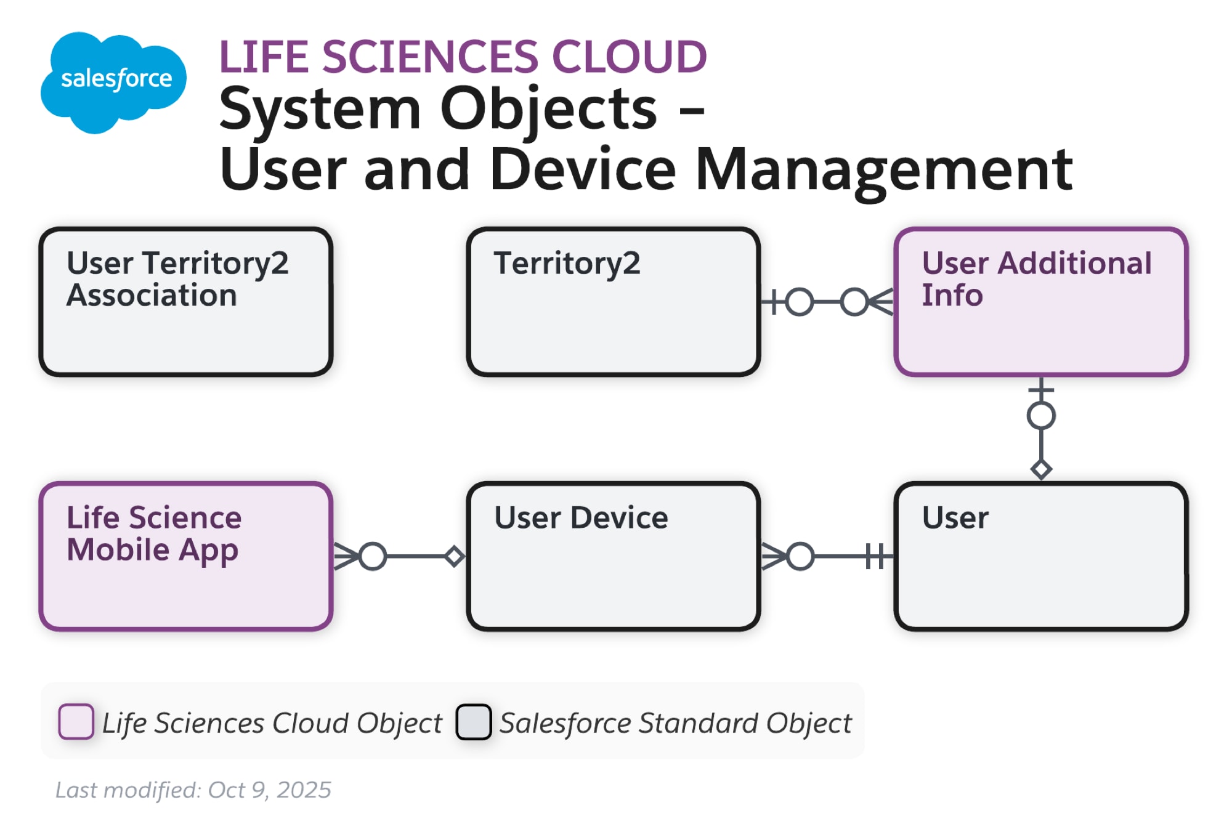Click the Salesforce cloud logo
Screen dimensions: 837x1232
114,81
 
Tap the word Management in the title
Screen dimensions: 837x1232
883,170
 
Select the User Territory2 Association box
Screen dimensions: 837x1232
186,302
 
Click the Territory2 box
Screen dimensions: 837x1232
613,302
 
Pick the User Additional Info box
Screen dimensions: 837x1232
1040,302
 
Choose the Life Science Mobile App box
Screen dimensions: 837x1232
186,556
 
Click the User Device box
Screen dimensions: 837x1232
613,556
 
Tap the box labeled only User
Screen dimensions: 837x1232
1040,556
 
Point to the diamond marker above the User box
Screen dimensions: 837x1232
1041,470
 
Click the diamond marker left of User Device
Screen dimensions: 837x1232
455,556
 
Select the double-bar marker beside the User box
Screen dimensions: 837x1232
875,556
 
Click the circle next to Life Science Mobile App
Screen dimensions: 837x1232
373,556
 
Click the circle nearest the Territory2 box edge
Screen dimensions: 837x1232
800,302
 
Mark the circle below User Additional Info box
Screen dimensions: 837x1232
1041,416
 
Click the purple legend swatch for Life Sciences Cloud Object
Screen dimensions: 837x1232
76,721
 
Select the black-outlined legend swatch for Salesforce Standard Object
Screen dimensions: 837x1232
473,721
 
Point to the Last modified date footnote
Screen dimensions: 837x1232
193,790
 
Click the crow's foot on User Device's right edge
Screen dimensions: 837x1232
773,556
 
